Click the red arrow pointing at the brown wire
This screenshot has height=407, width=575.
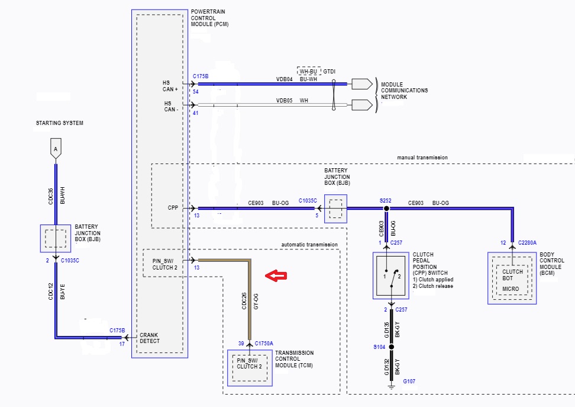click(276, 275)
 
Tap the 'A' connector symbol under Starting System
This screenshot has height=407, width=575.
click(56, 149)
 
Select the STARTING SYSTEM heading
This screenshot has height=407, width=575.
click(60, 123)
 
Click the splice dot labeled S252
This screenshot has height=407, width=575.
click(386, 209)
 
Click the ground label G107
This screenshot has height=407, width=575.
click(410, 382)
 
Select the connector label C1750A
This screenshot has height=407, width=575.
click(264, 344)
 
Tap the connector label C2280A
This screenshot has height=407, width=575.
click(528, 243)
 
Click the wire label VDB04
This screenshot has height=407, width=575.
click(285, 79)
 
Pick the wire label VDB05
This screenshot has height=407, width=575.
click(285, 101)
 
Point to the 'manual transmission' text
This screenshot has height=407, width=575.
click(422, 158)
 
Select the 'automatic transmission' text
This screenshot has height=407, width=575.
click(309, 244)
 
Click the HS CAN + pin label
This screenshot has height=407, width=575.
click(171, 86)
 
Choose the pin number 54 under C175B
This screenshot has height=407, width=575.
click(196, 92)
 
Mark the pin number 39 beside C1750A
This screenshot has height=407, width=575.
click(241, 344)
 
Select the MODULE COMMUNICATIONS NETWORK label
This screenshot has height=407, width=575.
click(404, 91)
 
